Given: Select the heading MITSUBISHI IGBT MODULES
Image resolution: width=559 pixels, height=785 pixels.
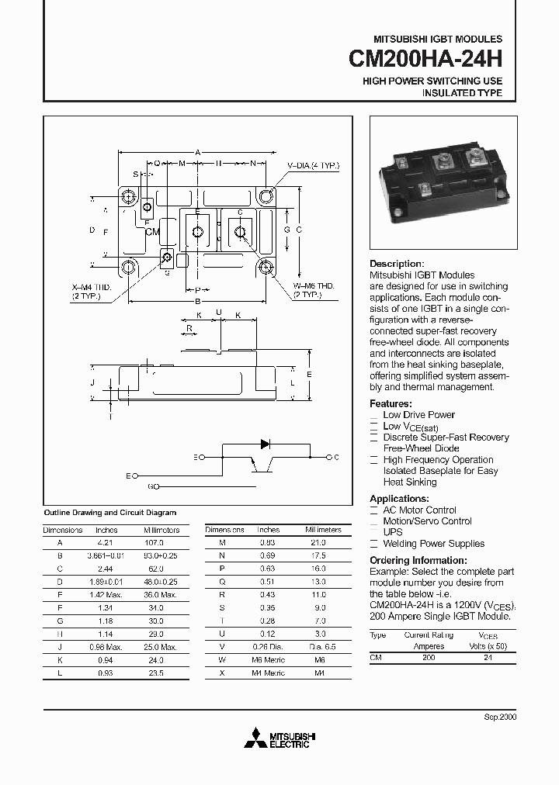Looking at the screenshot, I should pos(438,39).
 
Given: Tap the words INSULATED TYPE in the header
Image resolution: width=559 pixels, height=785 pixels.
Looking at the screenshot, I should pos(461,93).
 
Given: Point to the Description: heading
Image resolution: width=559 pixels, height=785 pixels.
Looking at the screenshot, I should pos(396,264).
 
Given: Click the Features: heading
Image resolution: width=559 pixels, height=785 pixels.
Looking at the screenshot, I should pos(390,403).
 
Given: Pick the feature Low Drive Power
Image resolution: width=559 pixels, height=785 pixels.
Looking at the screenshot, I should pos(418,415).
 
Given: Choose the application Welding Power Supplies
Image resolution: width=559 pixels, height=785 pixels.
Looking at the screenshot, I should pos(433,544).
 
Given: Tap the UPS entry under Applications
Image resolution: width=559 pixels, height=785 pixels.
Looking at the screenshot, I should pos(393,532).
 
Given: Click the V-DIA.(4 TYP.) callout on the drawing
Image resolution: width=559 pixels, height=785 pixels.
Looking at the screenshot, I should pos(313,167).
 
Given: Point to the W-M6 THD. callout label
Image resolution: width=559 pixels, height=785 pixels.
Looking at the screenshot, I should pos(313,287).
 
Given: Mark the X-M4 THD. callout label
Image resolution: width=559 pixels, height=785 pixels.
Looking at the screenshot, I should pos(92,287).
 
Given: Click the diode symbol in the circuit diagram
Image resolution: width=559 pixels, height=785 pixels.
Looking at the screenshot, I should pos(266,444).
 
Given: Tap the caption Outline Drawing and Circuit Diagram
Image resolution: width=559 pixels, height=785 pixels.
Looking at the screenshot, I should pos(109,513).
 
